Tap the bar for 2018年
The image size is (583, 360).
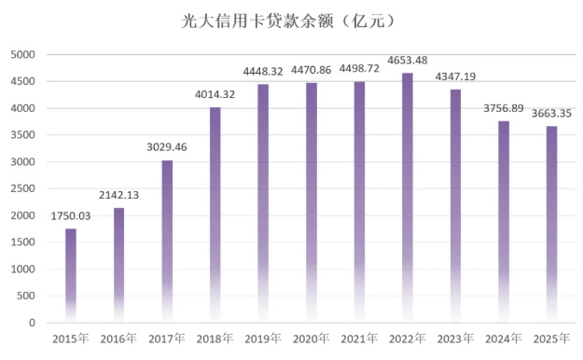pos(215,215)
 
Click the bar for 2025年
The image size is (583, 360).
pos(552,224)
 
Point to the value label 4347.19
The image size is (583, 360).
pos(456,78)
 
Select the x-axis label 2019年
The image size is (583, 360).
pos(263,339)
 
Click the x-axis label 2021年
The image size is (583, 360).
pos(359,339)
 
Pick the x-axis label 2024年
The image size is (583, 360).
pos(504,339)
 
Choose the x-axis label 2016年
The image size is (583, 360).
pos(119,339)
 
